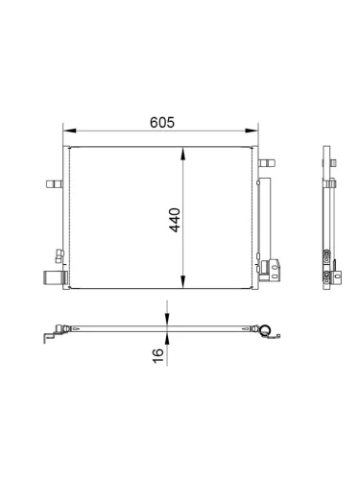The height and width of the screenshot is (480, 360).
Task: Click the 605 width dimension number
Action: point(162,122)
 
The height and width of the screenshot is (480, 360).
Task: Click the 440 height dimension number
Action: point(175,220)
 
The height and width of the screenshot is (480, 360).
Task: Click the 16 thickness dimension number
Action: point(158,356)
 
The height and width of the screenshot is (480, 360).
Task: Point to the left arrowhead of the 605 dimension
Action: point(69,131)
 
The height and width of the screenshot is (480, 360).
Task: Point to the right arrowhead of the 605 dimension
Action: point(252,131)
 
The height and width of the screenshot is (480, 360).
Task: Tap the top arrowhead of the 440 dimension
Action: point(182,154)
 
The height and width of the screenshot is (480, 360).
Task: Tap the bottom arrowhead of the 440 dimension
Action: point(182,282)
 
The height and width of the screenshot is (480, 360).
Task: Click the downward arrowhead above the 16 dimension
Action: point(167,319)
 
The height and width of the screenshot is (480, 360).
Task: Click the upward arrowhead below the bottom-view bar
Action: point(167,338)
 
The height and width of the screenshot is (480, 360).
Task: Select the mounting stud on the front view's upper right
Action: point(267,163)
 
